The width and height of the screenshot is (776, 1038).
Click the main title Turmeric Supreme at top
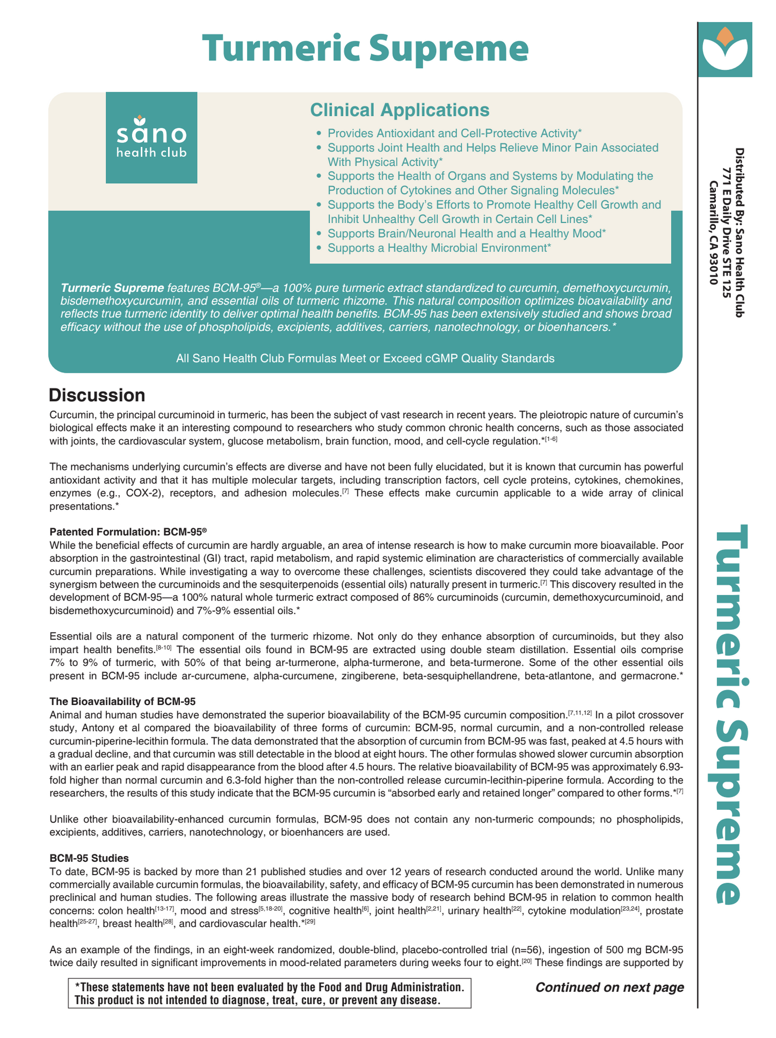pos(365,49)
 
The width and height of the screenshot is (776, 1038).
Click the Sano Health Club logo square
pos(151,138)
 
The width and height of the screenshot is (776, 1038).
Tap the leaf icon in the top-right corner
pos(725,49)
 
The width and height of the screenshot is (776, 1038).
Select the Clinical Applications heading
pos(400,110)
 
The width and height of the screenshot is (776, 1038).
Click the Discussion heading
pos(97,395)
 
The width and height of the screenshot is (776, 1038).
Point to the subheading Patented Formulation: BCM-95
pos(128,532)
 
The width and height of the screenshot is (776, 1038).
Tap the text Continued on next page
pos(610,988)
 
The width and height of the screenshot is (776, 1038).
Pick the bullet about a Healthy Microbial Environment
pos(439,248)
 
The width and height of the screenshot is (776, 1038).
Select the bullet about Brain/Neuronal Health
pos(466,234)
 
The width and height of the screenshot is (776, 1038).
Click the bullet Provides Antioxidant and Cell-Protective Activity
pos(454,133)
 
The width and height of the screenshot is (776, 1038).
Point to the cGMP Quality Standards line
pos(365,358)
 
